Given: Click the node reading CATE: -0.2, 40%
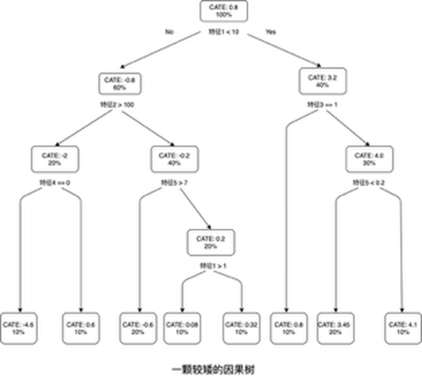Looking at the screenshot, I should tap(173, 159).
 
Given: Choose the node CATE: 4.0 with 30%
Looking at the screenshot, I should tap(370, 159).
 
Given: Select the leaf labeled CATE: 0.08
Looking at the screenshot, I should tap(182, 328).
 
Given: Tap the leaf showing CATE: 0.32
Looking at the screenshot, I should tap(241, 328).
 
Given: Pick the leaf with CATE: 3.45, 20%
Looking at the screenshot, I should tap(334, 328).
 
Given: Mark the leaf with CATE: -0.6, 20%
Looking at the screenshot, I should tap(138, 328).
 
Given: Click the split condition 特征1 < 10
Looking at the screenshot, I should tap(224, 32).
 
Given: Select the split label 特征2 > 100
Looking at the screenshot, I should tap(118, 105).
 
